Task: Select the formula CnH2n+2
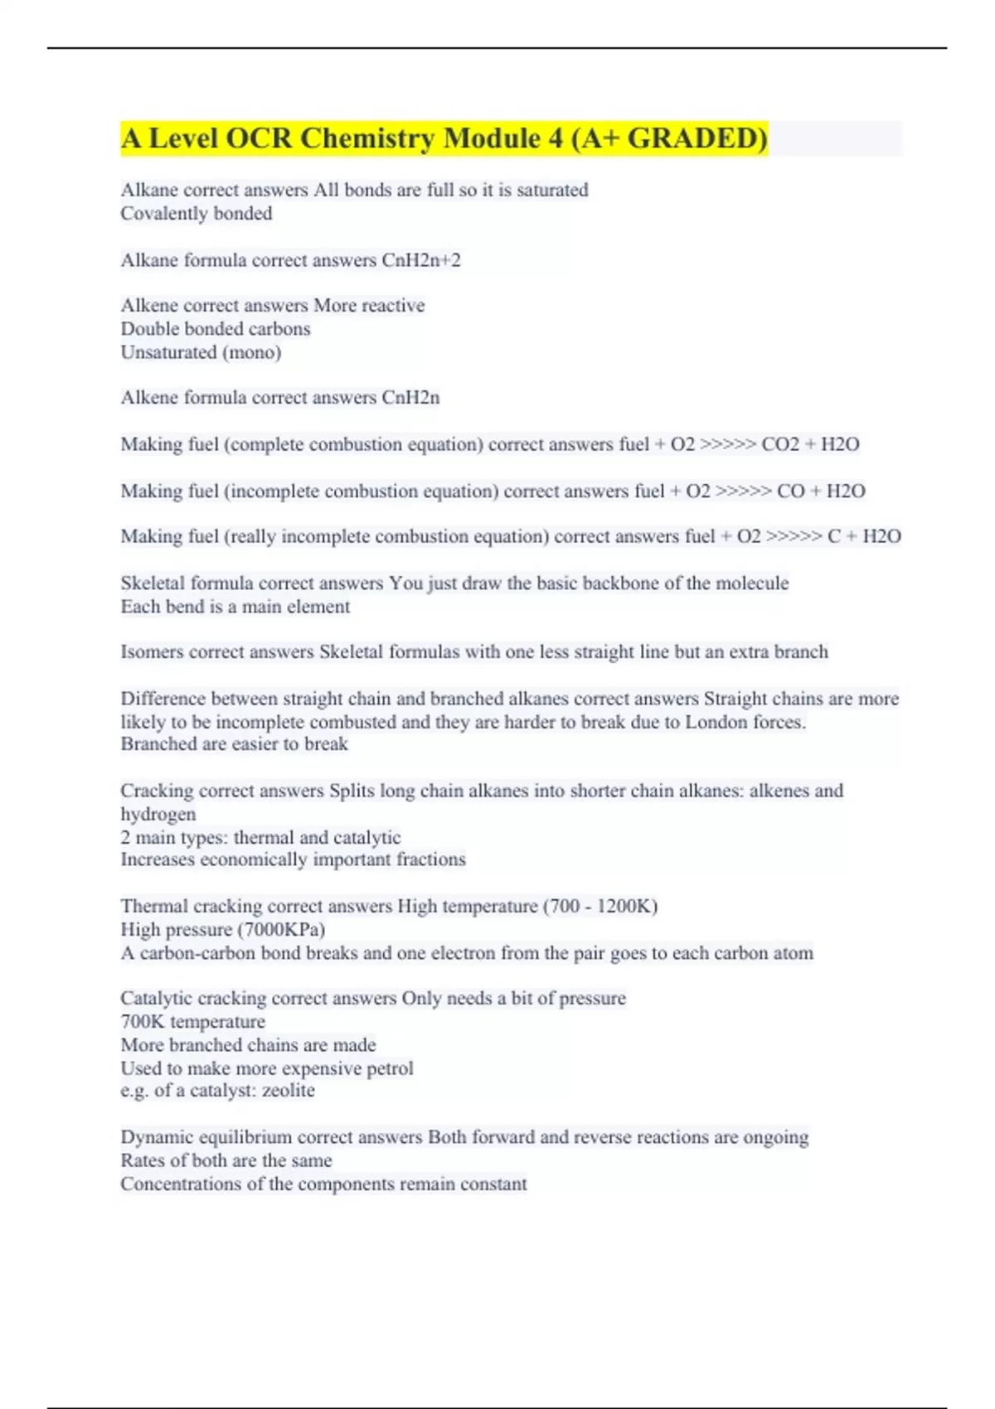(x=420, y=260)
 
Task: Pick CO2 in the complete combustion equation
(x=779, y=444)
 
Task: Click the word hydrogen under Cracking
(x=158, y=815)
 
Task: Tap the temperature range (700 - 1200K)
(x=600, y=906)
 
